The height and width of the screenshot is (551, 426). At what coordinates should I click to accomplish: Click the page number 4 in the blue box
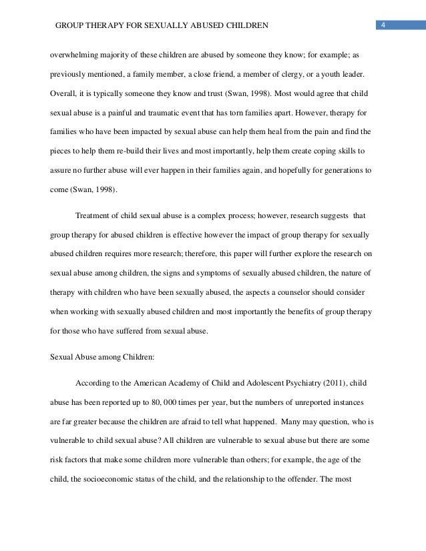coord(384,25)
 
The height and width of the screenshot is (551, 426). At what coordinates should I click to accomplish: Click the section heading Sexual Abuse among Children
coord(102,357)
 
